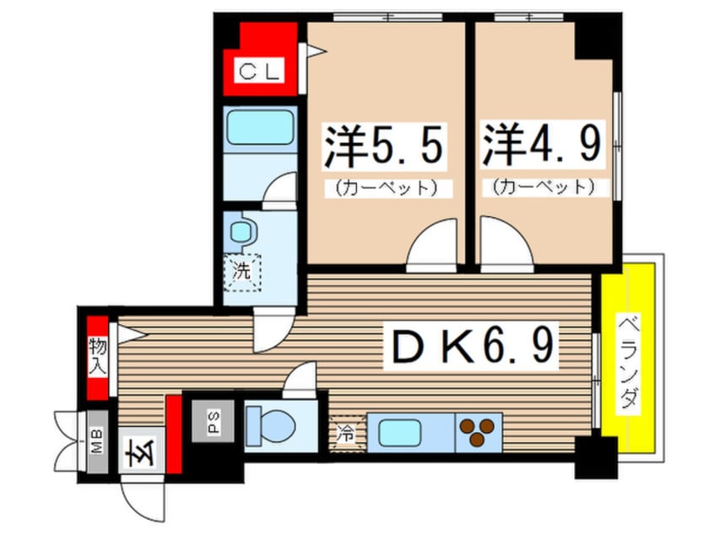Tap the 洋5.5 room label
tap(384, 149)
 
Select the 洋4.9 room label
tap(542, 149)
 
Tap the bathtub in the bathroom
tap(260, 128)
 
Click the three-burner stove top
tap(478, 431)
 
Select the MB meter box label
tap(97, 439)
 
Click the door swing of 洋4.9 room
tap(504, 245)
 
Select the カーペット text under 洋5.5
tap(384, 186)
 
